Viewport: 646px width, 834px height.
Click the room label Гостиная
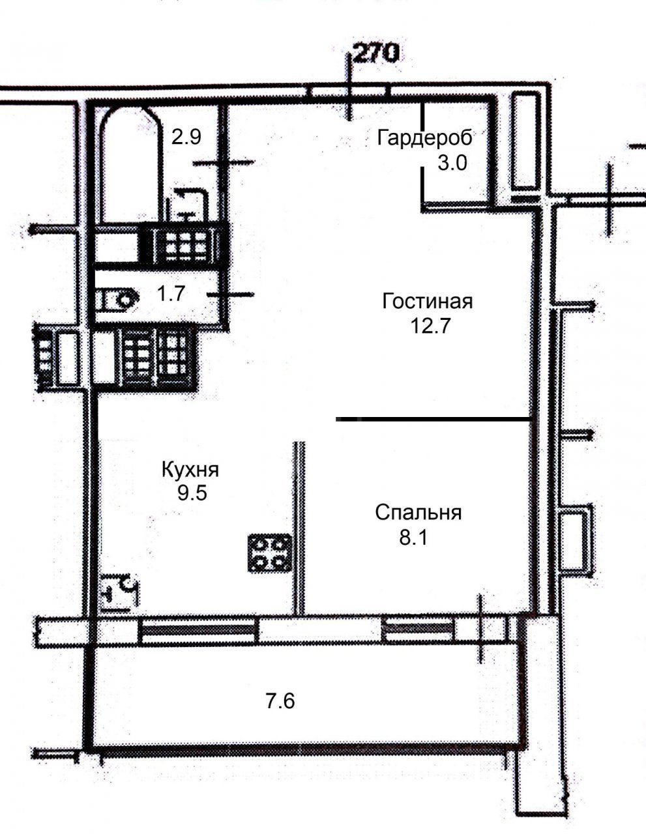coord(427,301)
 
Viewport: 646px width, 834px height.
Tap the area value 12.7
coord(430,326)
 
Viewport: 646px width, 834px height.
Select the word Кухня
coord(190,470)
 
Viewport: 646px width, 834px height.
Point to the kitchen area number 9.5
coord(192,493)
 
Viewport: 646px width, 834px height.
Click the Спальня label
coord(418,512)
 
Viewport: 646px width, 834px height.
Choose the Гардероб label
coord(424,138)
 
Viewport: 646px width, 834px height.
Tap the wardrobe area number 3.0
coord(452,163)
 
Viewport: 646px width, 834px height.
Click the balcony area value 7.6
coord(280,701)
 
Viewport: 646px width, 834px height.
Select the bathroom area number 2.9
coord(186,137)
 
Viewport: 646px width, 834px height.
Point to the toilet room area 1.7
coord(171,293)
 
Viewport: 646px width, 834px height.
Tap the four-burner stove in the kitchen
coord(269,553)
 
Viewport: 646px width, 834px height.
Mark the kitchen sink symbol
coord(119,592)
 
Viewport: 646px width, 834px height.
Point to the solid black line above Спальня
coord(433,420)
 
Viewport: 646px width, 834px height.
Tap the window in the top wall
coord(349,92)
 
